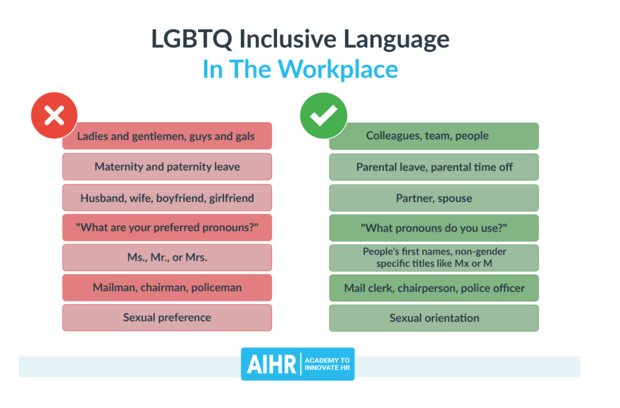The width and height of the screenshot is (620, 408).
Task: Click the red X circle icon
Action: coord(54,115)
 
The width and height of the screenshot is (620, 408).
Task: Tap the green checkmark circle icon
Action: coord(323,115)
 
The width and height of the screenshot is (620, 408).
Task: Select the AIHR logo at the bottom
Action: coord(297,364)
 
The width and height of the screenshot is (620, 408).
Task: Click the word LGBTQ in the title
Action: coord(191,39)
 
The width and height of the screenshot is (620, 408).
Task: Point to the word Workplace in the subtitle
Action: coord(338,69)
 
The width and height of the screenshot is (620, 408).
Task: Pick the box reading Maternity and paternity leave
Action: coord(167,167)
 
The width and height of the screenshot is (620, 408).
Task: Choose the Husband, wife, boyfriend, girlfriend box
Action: coord(167,198)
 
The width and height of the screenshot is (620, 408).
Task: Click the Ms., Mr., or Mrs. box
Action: coord(167,257)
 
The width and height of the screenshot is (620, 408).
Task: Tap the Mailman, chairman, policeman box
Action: coord(167,287)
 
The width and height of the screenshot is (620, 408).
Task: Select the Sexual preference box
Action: coord(167,318)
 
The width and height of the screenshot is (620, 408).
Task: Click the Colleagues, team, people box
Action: coord(434,136)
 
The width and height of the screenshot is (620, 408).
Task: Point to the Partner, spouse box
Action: coord(434,198)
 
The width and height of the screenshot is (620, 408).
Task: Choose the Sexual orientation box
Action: coord(434,318)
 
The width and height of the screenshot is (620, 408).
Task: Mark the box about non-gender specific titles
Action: coord(434,257)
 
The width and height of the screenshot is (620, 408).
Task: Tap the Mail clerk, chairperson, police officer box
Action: coord(434,288)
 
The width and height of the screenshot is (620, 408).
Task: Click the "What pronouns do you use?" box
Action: coord(434,228)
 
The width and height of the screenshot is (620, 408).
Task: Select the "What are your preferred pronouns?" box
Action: coord(167,228)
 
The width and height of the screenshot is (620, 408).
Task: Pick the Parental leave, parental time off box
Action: coord(434,167)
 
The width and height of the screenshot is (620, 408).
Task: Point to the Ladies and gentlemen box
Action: coord(167,136)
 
